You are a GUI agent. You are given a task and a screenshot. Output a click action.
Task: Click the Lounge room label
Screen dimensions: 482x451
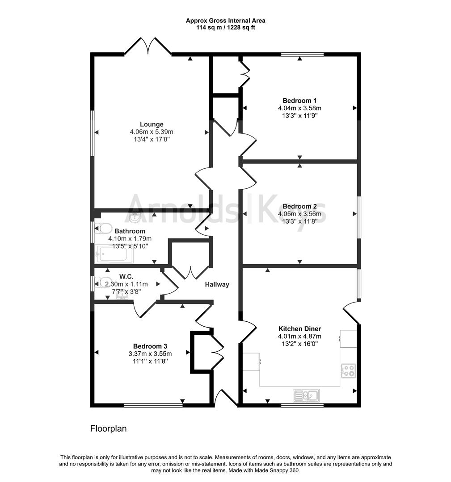coord(152,124)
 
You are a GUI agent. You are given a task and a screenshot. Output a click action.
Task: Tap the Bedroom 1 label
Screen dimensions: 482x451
coord(299,100)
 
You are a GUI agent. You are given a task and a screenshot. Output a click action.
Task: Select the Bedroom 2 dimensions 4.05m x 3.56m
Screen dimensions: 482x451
coord(299,214)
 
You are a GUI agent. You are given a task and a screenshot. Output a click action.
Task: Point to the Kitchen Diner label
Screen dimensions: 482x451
coord(299,329)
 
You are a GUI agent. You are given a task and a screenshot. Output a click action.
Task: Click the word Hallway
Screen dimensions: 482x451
coord(217,284)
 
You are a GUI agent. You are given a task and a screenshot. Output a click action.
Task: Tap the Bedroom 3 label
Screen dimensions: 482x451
coord(150,346)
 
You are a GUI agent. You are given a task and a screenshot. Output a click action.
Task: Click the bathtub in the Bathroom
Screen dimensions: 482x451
coord(114,255)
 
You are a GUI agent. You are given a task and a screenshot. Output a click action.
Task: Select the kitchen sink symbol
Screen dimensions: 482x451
coord(306,395)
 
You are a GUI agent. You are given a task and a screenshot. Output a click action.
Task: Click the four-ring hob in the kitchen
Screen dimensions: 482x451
coord(348,370)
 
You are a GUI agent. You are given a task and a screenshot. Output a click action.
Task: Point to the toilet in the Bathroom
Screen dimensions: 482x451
coord(103,229)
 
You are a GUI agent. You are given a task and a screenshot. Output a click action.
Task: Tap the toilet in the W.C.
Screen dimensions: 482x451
coord(103,282)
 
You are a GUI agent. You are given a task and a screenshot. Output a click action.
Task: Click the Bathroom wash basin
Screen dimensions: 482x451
coord(135,217)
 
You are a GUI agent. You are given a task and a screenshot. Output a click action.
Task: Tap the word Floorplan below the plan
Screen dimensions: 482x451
coord(109,429)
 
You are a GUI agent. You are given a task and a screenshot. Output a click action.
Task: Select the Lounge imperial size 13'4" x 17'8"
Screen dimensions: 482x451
coord(152,139)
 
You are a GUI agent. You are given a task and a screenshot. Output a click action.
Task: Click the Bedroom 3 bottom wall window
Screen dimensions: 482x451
coord(153,405)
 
